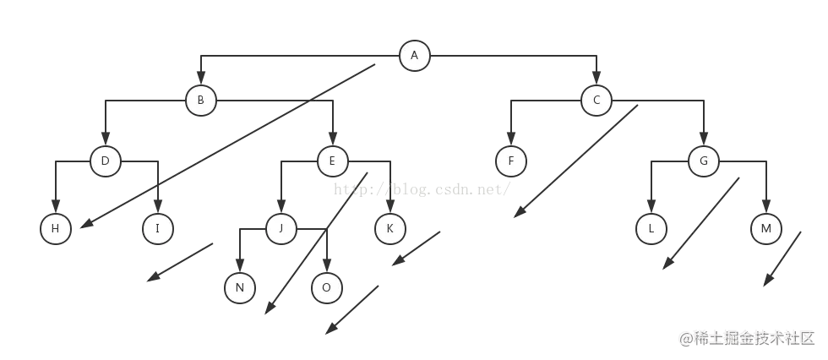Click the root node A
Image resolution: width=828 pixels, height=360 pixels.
[414, 56]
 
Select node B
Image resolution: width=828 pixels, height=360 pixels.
[200, 101]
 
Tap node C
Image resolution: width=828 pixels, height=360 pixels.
[596, 101]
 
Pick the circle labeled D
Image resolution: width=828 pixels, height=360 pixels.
[106, 161]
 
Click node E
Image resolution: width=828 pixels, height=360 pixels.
[333, 161]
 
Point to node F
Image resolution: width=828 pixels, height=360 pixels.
[510, 161]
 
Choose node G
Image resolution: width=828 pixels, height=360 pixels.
[704, 161]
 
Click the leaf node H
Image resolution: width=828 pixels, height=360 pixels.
[56, 228]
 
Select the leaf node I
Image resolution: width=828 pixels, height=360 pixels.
[157, 228]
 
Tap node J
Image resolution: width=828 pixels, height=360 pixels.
[281, 228]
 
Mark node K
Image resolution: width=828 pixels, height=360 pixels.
[389, 228]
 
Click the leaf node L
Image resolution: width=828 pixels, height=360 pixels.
[651, 228]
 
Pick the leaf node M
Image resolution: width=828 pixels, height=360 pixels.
[765, 228]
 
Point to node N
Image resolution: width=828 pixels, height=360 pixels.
[240, 288]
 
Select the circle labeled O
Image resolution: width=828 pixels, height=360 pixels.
[326, 288]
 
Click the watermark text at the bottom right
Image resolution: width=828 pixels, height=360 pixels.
[747, 337]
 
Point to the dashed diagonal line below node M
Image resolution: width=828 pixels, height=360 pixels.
[781, 261]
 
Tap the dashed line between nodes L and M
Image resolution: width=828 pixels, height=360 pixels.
[702, 223]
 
